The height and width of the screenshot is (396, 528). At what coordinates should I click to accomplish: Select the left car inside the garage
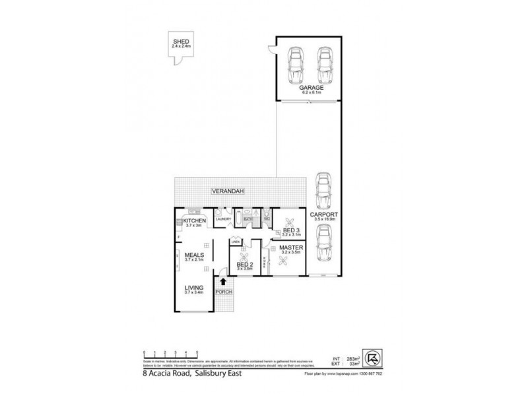pyautogui.click(x=294, y=64)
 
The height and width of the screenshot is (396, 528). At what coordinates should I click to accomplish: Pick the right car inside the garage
pyautogui.click(x=324, y=64)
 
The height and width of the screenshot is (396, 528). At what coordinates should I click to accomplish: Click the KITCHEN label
pyautogui.click(x=195, y=220)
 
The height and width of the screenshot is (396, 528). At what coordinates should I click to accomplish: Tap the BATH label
pyautogui.click(x=249, y=218)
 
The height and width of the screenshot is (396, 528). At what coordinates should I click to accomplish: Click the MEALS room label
pyautogui.click(x=193, y=254)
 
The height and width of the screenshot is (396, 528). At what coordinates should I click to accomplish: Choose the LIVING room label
pyautogui.click(x=193, y=288)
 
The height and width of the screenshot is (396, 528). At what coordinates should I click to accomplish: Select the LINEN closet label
pyautogui.click(x=234, y=242)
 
